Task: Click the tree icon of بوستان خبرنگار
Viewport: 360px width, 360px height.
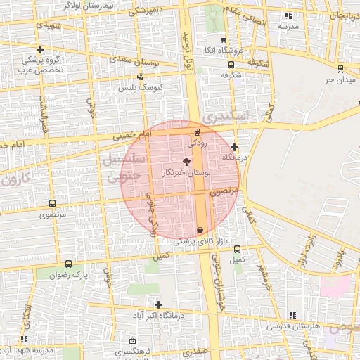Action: pyautogui.click(x=186, y=162)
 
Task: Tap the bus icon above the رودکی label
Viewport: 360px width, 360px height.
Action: pyautogui.click(x=197, y=131)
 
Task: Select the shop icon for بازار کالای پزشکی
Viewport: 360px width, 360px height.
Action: pyautogui.click(x=200, y=231)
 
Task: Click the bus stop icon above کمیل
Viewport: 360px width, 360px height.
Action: pyautogui.click(x=237, y=249)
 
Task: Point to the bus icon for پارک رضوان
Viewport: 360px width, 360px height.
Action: pyautogui.click(x=68, y=264)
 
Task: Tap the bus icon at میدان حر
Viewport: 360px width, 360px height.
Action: pyautogui.click(x=340, y=69)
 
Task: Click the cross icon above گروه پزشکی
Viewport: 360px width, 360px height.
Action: pyautogui.click(x=41, y=49)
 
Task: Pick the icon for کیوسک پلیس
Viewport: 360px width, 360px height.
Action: pyautogui.click(x=141, y=77)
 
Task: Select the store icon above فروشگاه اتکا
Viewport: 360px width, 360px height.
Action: pyautogui.click(x=224, y=40)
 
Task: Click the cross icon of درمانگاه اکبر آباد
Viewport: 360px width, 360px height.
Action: pyautogui.click(x=159, y=304)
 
